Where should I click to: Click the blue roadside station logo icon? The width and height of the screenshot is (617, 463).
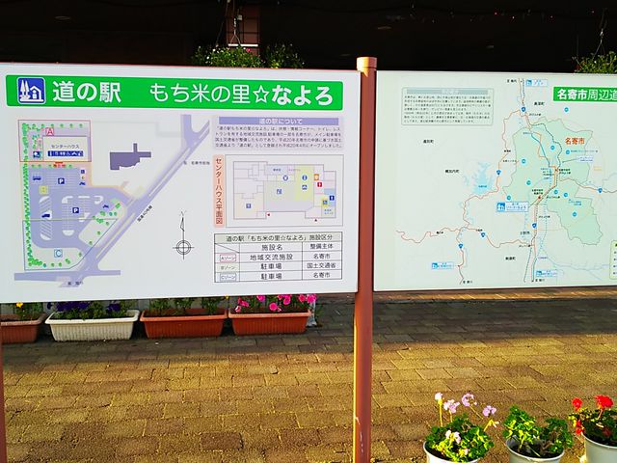point(31,91)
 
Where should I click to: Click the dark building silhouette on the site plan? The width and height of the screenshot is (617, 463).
point(130,156)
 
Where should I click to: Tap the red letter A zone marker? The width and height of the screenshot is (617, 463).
point(49,131)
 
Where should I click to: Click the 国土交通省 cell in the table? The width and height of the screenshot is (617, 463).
point(320,266)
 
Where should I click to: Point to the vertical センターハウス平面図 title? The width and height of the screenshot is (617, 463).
point(219,188)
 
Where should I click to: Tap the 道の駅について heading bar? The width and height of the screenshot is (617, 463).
point(275,121)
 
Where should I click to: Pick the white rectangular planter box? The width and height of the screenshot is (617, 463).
point(93,325)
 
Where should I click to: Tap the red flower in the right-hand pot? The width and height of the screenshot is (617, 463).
point(603,403)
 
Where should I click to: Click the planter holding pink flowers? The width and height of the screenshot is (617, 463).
point(271,318)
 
